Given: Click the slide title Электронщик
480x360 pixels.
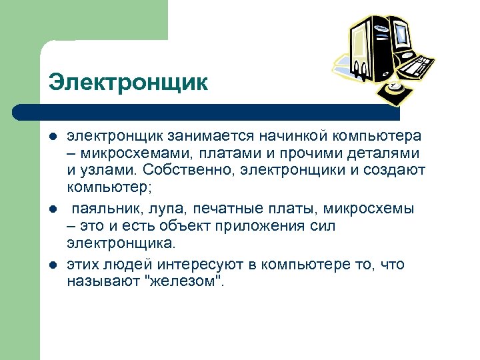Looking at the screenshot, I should (x=128, y=83).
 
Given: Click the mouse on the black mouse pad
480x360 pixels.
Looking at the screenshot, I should (x=395, y=87).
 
